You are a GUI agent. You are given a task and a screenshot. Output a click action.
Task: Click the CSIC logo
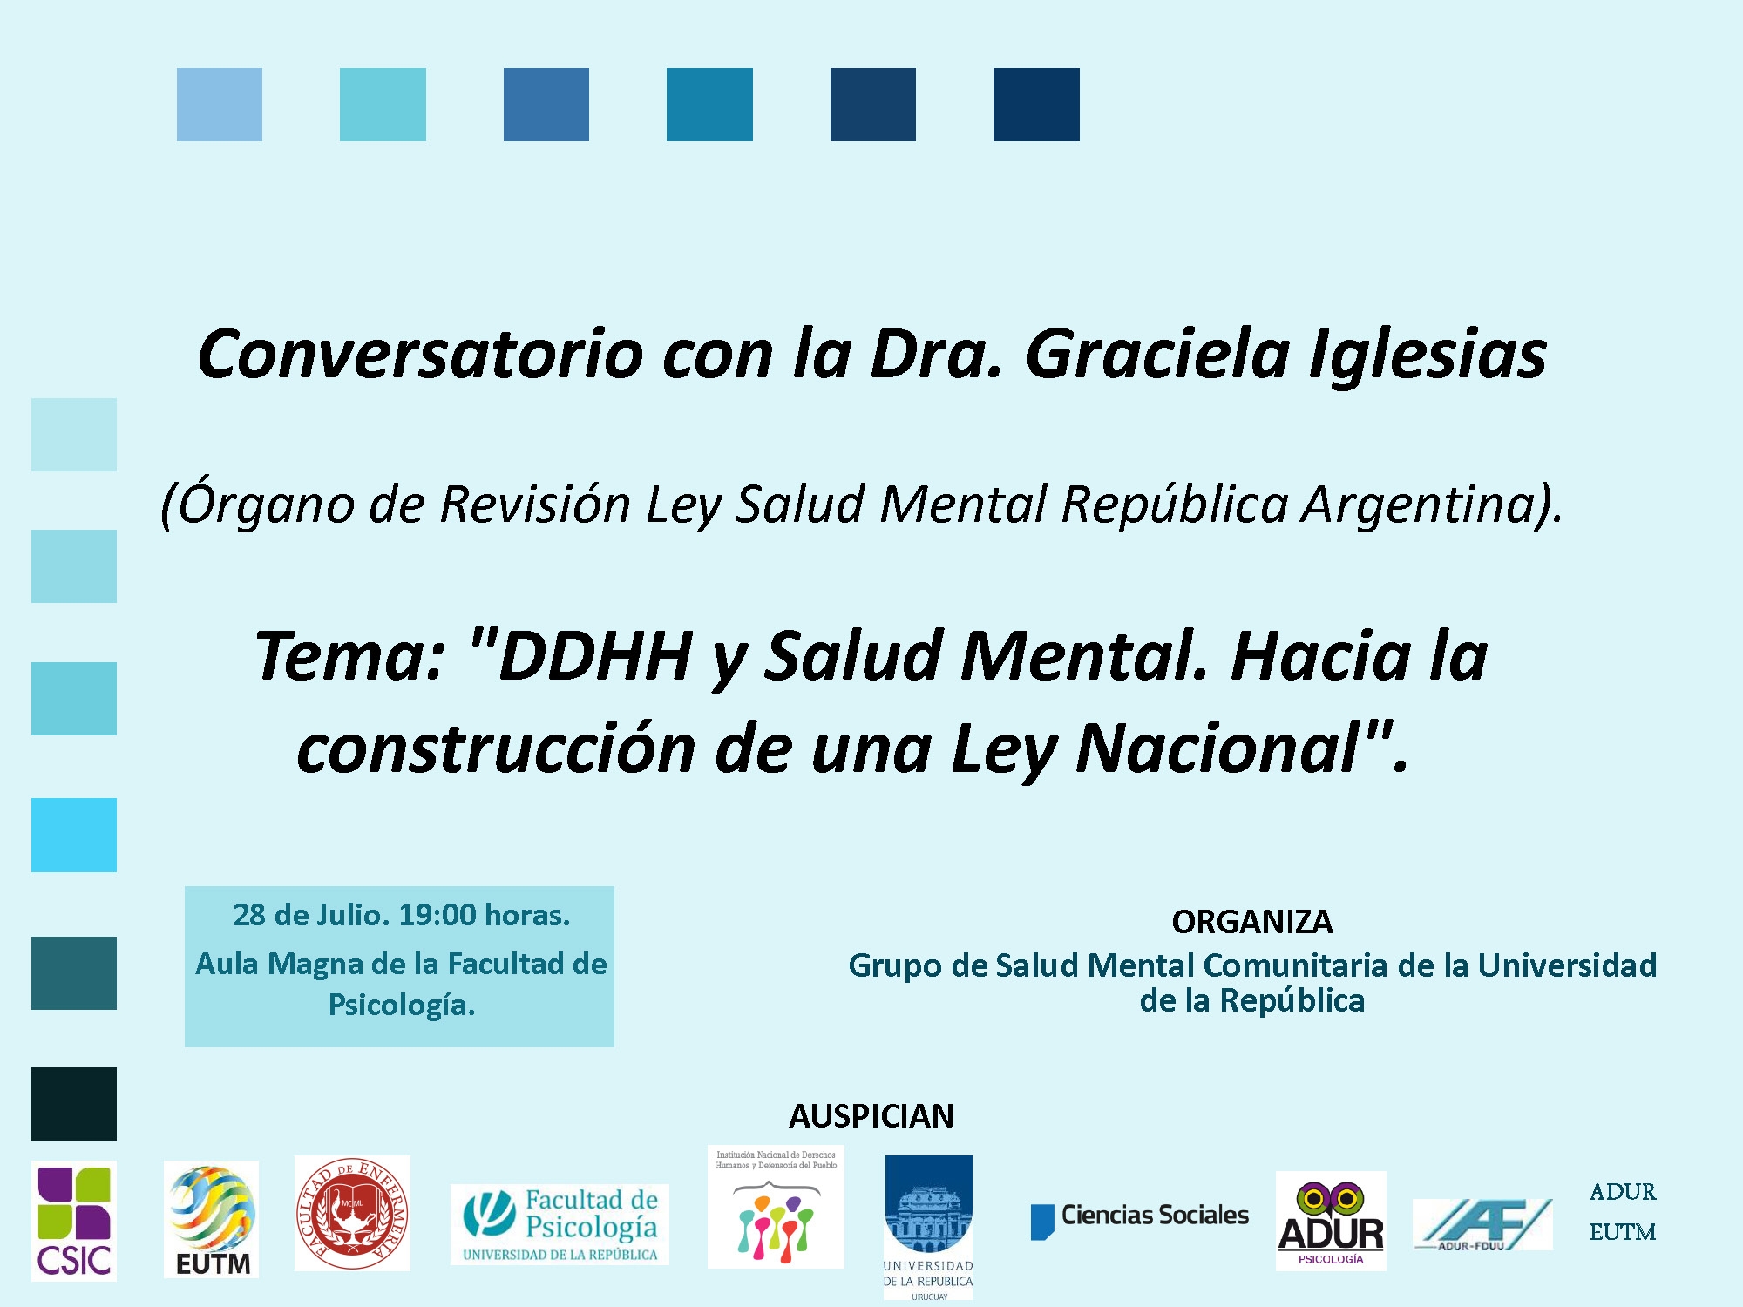74,1221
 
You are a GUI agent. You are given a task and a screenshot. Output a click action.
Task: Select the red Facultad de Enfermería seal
352,1213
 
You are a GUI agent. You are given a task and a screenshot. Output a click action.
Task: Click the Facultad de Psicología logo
560,1224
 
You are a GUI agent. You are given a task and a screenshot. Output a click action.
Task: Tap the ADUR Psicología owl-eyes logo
1331,1220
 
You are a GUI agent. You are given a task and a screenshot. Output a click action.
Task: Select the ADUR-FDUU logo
1482,1224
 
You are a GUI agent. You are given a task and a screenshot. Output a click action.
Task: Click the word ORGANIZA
1251,922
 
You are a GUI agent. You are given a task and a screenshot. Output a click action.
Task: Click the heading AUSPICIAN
871,1116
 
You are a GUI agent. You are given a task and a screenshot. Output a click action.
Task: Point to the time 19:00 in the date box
437,915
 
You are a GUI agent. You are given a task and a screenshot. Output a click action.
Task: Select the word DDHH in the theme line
596,656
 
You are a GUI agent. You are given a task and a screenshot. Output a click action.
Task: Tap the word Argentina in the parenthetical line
1429,504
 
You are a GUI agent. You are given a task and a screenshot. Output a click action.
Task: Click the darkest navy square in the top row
1036,105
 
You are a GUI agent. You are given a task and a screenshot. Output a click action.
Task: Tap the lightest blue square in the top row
220,105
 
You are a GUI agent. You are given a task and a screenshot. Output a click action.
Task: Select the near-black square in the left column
74,1104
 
